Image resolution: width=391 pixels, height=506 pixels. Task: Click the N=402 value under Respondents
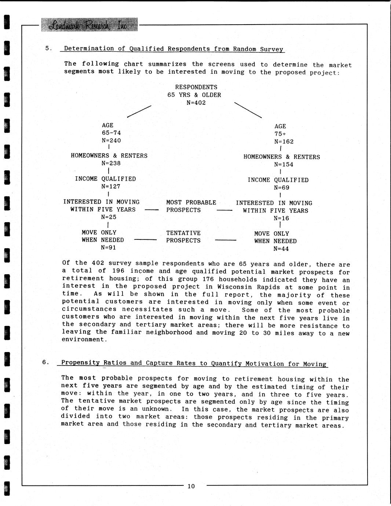196,103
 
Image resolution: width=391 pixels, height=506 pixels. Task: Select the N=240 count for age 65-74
111,140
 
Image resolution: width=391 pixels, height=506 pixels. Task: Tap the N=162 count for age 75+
284,142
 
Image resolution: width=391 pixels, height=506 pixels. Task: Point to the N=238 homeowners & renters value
111,164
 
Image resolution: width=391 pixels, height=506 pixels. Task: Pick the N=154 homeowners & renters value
284,165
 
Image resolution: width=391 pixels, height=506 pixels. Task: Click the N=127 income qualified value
111,186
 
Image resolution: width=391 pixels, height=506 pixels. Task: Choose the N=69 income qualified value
282,188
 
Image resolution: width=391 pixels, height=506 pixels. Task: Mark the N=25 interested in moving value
109,217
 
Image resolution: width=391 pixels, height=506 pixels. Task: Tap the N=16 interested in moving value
281,218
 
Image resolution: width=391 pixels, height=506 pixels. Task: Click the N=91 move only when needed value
109,247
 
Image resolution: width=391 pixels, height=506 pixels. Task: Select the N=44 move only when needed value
281,249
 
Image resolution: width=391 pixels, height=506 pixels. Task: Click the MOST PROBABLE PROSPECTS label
191,206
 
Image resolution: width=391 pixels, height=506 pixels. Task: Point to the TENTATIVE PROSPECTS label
183,237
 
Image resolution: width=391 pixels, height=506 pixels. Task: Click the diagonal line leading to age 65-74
139,111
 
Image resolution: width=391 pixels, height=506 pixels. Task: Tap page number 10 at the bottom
191,486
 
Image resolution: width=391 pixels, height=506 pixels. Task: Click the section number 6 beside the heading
45,362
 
